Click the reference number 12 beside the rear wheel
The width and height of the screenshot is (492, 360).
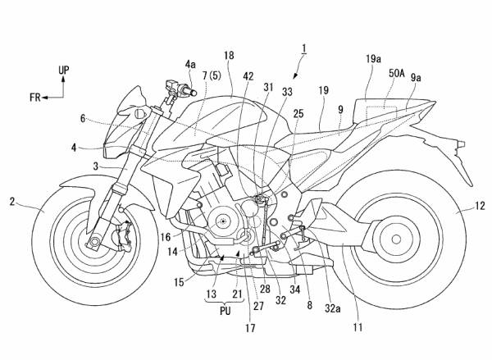pos(478,209)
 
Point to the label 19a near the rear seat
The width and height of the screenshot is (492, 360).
pos(373,59)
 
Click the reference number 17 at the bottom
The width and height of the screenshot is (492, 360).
pos(246,329)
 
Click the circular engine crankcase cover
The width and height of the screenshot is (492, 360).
pos(221,221)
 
